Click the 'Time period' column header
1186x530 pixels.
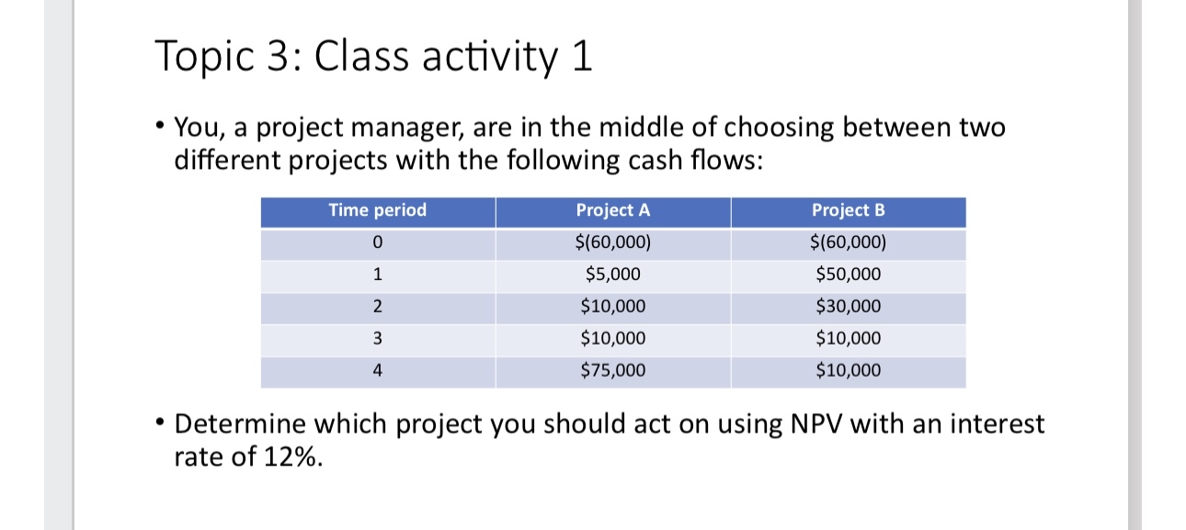(378, 210)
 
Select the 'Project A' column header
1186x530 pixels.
(613, 210)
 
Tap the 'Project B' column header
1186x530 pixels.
(849, 210)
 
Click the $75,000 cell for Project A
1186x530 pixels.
(613, 371)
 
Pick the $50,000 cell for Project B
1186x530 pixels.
(849, 275)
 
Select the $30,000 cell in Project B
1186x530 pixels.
(849, 307)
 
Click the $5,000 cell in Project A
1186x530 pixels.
(613, 275)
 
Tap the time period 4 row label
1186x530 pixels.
(378, 371)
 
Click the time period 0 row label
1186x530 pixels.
(378, 243)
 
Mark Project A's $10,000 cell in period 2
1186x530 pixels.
(613, 307)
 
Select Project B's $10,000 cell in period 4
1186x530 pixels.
(849, 371)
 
